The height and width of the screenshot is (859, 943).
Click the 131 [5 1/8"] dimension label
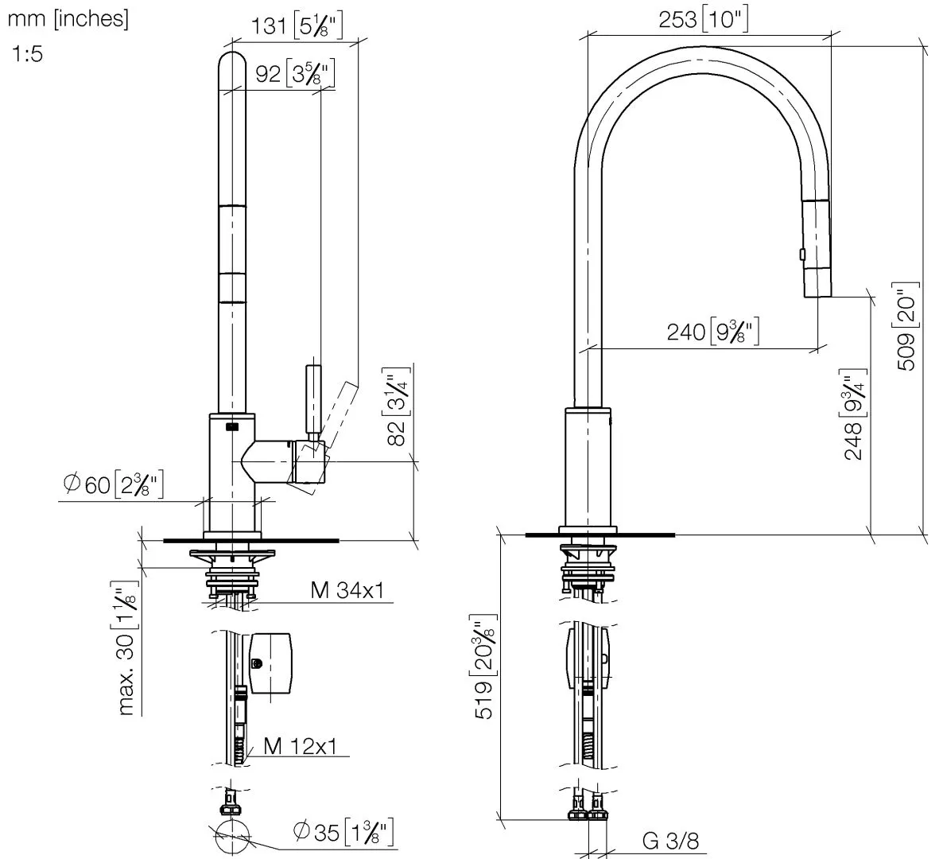pos(297,25)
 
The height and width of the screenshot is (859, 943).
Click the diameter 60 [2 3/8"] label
pos(114,484)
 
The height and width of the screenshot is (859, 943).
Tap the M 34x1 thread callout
pos(347,590)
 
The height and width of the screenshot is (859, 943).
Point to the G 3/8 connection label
pos(670,841)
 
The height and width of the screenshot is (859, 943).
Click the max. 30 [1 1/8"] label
pos(127,651)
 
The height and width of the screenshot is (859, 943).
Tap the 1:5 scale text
pos(28,55)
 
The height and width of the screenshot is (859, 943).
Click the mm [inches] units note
pos(68,19)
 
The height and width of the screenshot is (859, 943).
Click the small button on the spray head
pos(802,254)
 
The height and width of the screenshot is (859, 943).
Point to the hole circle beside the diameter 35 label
pos(233,837)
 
